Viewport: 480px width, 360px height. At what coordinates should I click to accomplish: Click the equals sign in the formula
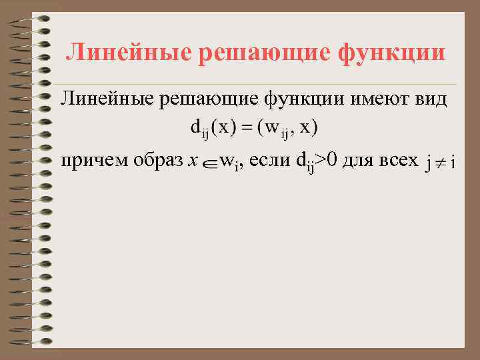[245, 127]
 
